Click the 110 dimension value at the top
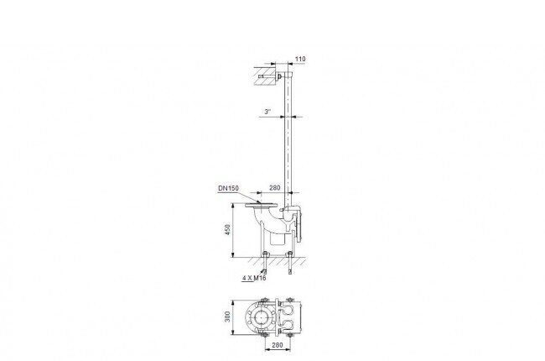tap(300, 59)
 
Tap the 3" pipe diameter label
tap(267, 112)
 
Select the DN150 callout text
tap(228, 188)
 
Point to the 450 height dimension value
tap(228, 230)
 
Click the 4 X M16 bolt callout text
tap(254, 278)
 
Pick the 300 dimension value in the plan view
tap(228, 317)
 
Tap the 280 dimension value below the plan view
tap(277, 345)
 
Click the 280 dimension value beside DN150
tap(274, 188)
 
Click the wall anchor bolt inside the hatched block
tap(268, 76)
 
